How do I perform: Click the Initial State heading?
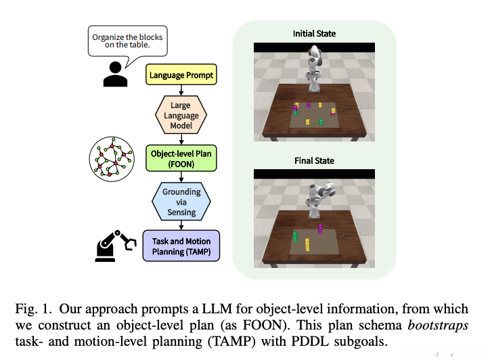314,34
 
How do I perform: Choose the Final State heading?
314,160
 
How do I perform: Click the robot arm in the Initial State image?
315,68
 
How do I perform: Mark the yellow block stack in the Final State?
309,243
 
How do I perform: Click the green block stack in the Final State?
296,236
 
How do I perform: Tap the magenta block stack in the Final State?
320,228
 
